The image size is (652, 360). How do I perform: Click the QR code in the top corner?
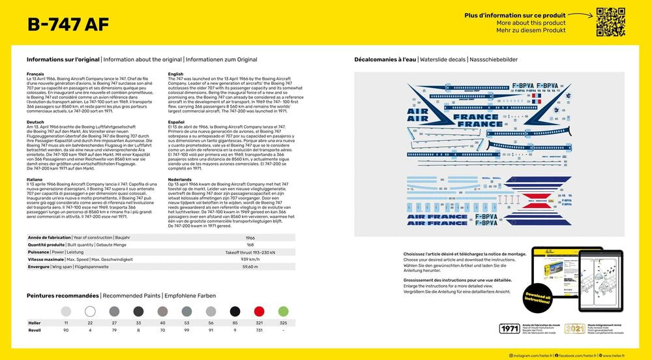[x=610, y=22]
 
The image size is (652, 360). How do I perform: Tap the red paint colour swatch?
[x=259, y=311]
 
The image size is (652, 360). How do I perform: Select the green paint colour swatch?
[x=283, y=311]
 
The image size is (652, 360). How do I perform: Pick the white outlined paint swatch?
[x=90, y=311]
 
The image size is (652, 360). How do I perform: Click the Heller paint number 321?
[x=259, y=323]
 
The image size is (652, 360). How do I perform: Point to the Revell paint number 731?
[x=259, y=330]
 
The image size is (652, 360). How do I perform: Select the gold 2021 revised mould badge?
[x=574, y=329]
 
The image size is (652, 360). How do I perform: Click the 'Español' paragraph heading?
[x=176, y=122]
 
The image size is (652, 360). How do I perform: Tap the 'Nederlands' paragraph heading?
[x=179, y=179]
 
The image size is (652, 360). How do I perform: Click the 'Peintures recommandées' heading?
[x=63, y=295]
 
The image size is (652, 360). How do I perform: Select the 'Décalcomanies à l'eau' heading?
[x=385, y=59]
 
